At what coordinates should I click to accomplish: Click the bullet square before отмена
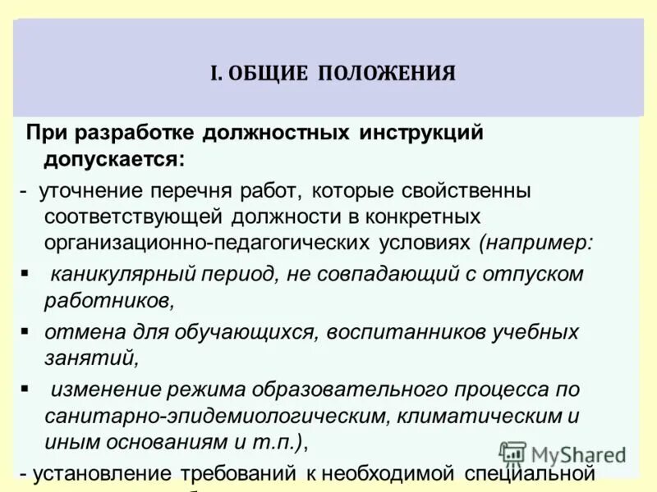25,329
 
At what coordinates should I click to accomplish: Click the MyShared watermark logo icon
512,453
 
